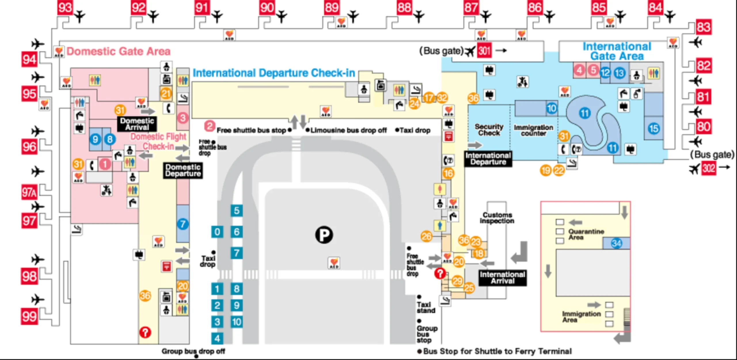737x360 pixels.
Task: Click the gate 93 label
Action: [x=65, y=7]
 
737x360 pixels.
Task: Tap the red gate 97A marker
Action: [x=29, y=192]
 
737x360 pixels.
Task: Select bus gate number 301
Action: [x=484, y=51]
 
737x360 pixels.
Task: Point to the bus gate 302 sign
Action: [x=708, y=167]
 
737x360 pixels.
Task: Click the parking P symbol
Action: [x=324, y=235]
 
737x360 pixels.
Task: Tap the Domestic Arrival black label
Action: [x=137, y=124]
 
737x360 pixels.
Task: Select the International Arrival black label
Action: [x=502, y=278]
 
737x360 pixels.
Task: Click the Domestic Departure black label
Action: [x=183, y=170]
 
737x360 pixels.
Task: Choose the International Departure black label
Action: [x=488, y=159]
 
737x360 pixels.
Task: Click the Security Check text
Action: [x=489, y=130]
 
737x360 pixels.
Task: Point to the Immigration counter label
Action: [x=533, y=130]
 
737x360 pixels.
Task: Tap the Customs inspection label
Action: [x=497, y=218]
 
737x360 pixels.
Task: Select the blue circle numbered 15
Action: [x=654, y=128]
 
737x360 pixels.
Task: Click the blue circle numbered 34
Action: [x=616, y=243]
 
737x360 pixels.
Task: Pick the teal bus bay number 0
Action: [x=217, y=232]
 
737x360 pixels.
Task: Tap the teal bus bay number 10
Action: [x=237, y=322]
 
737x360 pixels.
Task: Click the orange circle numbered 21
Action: [x=166, y=94]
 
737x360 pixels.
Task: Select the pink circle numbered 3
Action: [x=183, y=118]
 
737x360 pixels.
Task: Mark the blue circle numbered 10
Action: [x=551, y=108]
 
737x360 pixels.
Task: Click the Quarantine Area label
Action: [x=586, y=234]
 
